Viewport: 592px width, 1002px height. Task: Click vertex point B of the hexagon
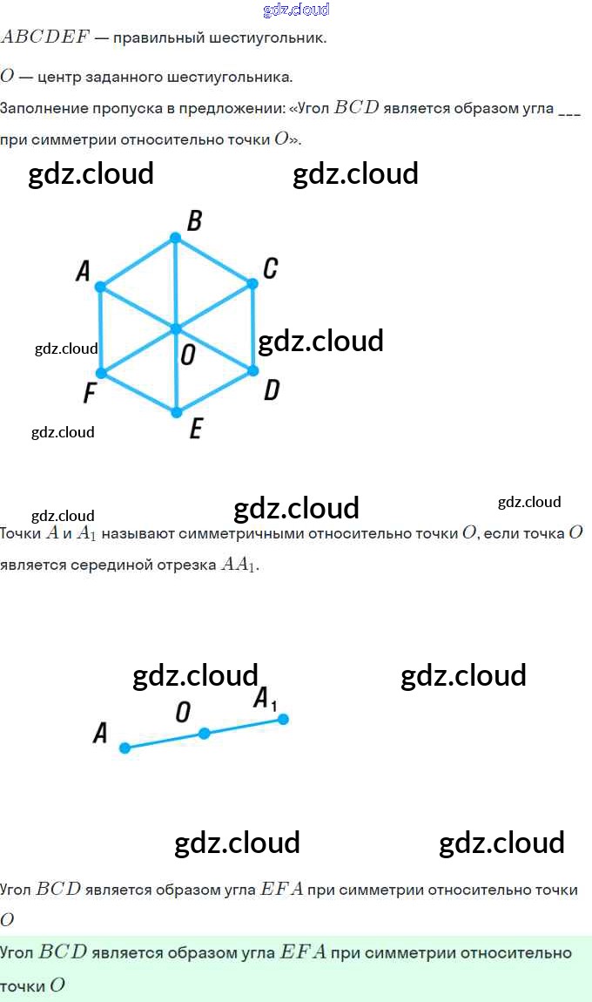click(x=175, y=238)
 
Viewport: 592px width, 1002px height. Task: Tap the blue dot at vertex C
click(x=252, y=284)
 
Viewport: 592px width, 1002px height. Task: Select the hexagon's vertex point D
click(x=252, y=370)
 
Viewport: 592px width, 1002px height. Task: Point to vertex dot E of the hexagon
click(x=177, y=413)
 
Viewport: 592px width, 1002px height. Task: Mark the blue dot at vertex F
click(x=101, y=373)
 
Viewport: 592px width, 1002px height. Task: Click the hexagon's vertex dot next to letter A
click(x=100, y=287)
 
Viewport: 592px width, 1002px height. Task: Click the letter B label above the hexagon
click(x=195, y=220)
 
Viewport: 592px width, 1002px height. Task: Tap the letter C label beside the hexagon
click(x=270, y=268)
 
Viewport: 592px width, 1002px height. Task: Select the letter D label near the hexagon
click(x=272, y=389)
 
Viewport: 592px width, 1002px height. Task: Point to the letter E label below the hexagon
click(x=196, y=428)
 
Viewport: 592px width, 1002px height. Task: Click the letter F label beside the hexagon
click(x=90, y=392)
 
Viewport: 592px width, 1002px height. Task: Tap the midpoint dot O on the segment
click(x=204, y=733)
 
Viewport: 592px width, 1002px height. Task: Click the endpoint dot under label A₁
click(x=283, y=719)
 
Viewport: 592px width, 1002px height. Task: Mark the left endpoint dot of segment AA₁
click(x=125, y=748)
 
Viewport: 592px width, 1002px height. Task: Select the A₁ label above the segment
click(x=265, y=699)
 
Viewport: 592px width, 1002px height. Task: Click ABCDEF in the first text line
click(x=45, y=37)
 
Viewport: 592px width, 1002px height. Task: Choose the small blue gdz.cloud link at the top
click(x=296, y=10)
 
